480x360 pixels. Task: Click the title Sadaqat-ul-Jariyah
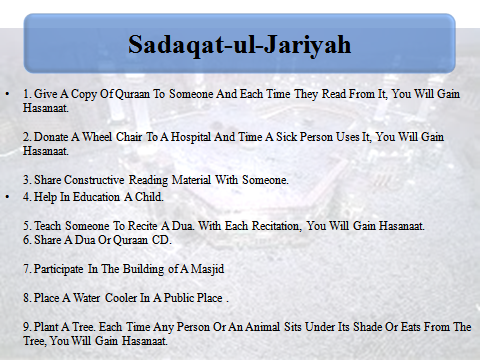click(240, 44)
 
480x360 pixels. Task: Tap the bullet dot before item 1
click(7, 94)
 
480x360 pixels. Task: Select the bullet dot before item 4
click(7, 197)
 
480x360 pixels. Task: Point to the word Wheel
click(97, 137)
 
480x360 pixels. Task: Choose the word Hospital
click(191, 137)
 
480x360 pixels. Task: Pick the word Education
click(96, 197)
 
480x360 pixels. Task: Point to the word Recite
click(143, 226)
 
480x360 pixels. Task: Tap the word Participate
click(58, 269)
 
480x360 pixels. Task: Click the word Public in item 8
click(179, 298)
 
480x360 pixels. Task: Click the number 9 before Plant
click(26, 327)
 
